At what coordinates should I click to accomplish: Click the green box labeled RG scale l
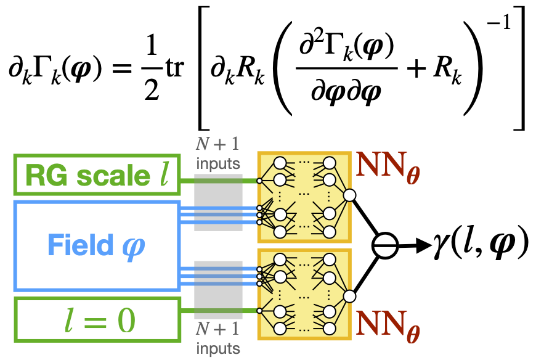(x=96, y=176)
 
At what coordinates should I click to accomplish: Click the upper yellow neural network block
(x=304, y=196)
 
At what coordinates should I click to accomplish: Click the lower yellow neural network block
(x=304, y=294)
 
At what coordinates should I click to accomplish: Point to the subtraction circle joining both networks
(x=386, y=245)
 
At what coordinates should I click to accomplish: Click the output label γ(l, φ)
(x=481, y=245)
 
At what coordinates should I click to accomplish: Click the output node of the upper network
(x=350, y=196)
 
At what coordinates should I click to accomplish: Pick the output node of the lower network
(x=350, y=295)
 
